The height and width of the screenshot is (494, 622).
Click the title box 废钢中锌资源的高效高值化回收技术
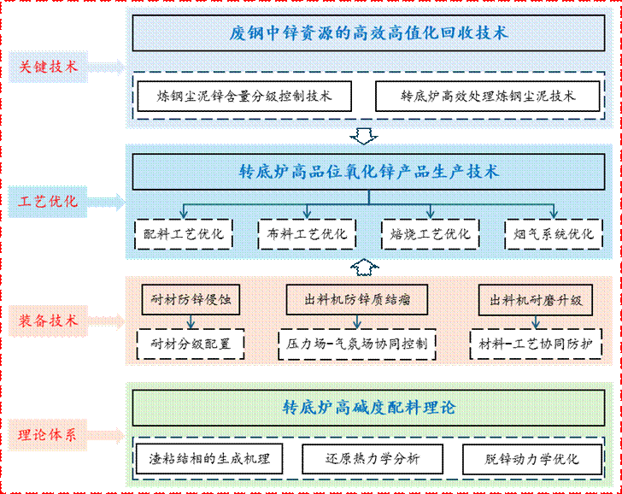pos(369,33)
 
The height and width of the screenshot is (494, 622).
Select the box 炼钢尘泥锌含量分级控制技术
pos(244,96)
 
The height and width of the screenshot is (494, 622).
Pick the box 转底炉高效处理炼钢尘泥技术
pos(488,96)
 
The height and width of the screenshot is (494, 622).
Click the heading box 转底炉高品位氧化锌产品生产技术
pos(369,172)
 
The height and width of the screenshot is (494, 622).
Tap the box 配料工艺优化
pos(184,233)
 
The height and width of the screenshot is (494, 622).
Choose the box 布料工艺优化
pos(307,233)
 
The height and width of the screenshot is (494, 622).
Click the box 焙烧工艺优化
pos(430,233)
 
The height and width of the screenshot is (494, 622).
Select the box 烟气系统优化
pos(554,233)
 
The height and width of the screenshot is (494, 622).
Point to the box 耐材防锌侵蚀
pos(191,300)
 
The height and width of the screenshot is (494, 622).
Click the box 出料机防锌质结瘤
pos(358,300)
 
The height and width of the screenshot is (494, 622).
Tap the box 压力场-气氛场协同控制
pos(358,344)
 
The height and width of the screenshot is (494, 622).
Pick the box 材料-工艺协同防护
pos(536,344)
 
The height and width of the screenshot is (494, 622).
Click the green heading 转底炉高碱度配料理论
pos(369,408)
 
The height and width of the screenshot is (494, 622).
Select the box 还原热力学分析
pos(361,458)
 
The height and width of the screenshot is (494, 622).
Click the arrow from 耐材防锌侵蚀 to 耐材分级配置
pos(191,322)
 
